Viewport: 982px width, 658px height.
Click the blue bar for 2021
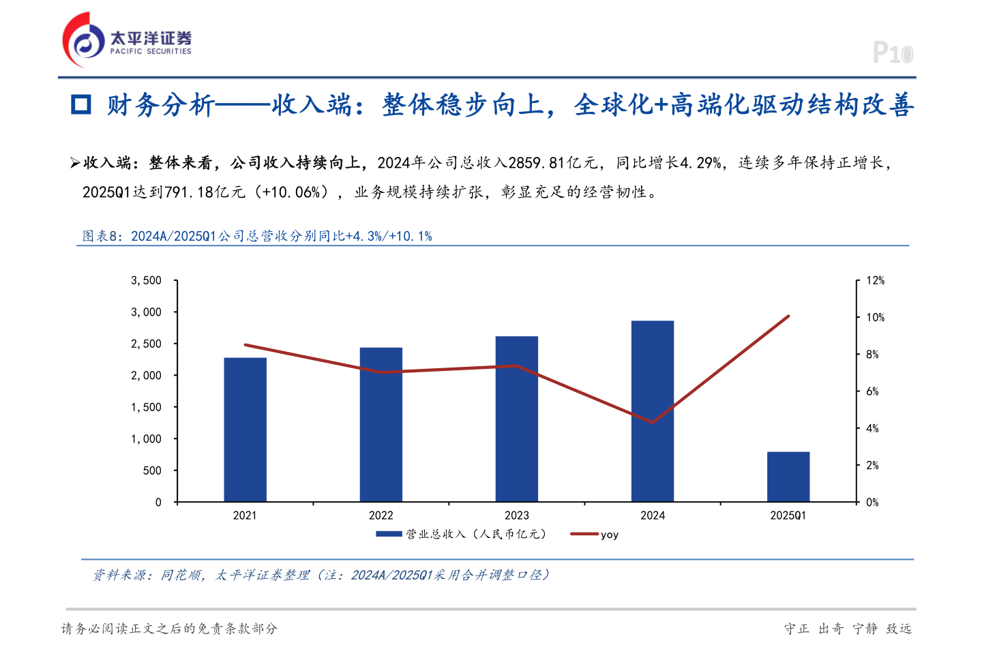click(245, 430)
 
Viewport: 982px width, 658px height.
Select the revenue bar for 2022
click(381, 425)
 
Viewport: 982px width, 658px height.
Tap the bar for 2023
click(517, 419)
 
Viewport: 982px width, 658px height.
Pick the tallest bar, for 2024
click(653, 411)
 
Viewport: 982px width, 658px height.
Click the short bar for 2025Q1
click(788, 477)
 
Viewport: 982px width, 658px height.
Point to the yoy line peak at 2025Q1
click(788, 316)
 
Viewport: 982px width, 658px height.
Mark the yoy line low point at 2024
click(653, 423)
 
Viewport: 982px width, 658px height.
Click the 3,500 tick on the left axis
click(147, 280)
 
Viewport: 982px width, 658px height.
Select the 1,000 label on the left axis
click(147, 438)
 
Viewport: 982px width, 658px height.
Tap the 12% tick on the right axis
click(875, 280)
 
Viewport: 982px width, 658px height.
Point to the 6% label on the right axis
click(872, 391)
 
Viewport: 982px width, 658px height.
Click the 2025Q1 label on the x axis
click(788, 515)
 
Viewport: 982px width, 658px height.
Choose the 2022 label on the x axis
click(381, 515)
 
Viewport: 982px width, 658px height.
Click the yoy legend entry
click(609, 535)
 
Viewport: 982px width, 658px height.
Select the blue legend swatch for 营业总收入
click(389, 534)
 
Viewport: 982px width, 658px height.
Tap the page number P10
click(893, 53)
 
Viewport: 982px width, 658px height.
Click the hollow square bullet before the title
click(81, 104)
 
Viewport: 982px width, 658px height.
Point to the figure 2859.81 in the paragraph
click(537, 163)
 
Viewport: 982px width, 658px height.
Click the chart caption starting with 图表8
click(257, 236)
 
